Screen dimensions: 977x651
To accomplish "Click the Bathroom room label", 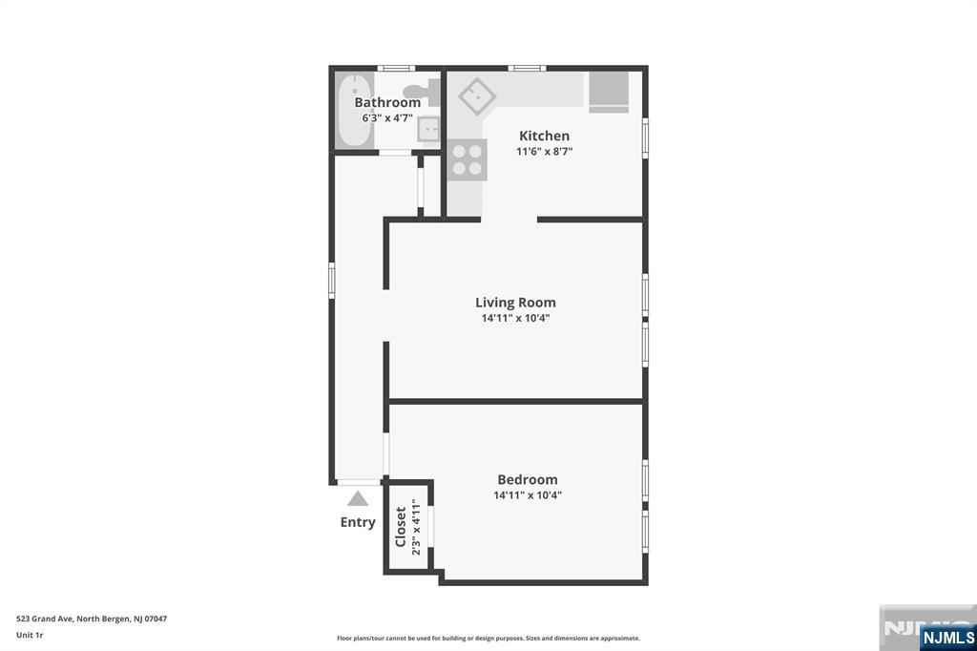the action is (387, 102).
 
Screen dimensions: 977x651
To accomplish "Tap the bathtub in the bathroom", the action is (355, 111).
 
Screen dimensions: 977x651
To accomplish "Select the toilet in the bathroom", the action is (423, 94).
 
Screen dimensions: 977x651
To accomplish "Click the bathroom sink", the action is (428, 130).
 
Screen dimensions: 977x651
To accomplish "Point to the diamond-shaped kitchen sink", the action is (477, 96).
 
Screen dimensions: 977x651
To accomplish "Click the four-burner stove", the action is (468, 159).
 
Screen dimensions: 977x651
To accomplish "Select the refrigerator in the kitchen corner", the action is (609, 92).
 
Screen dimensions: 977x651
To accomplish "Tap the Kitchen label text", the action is (544, 136).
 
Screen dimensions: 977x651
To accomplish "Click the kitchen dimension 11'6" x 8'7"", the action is (545, 152).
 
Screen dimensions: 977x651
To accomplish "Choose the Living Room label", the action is (515, 303).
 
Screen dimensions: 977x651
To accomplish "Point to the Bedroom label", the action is (527, 479).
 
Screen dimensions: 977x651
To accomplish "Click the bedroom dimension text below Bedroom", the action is (528, 495).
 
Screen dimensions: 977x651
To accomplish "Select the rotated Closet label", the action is (401, 527).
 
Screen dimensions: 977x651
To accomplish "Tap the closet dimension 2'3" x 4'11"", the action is (416, 527).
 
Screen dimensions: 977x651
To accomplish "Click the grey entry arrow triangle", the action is (358, 498).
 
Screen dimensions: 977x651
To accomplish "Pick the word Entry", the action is (358, 522).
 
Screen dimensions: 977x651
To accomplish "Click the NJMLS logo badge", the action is (947, 638).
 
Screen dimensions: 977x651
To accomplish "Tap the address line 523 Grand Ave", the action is (92, 619).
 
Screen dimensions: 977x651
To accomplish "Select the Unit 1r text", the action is (30, 636).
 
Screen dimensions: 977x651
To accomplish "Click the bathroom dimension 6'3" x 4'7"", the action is (387, 117).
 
